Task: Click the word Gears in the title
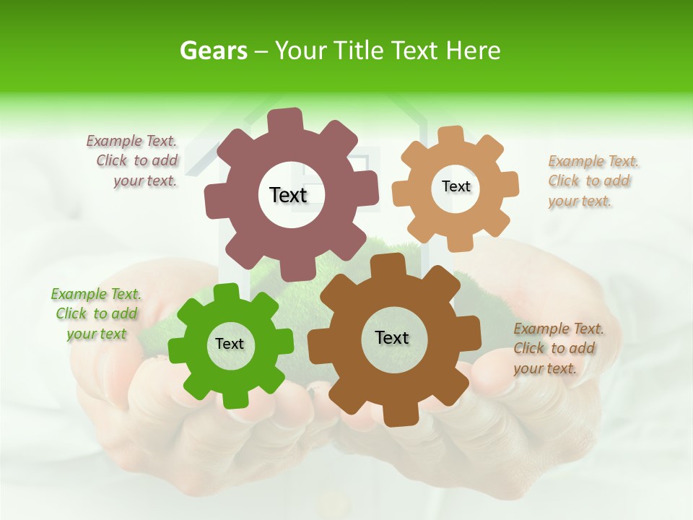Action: [x=213, y=51]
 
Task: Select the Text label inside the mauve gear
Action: [x=288, y=195]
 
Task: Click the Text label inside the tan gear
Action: [x=456, y=186]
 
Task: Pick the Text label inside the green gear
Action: [x=230, y=344]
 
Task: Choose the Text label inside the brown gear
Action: [x=392, y=337]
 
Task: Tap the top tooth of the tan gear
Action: [x=450, y=135]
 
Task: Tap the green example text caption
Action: [x=96, y=313]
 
